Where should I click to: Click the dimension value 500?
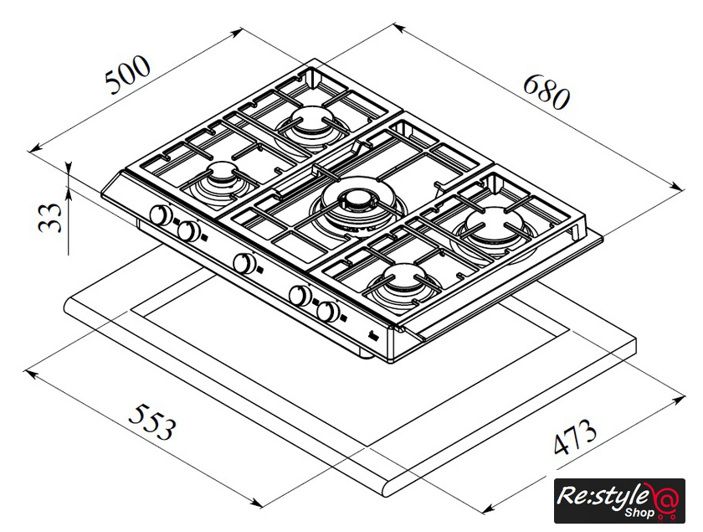(x=127, y=75)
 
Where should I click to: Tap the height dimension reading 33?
(x=51, y=217)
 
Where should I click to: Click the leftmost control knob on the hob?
(x=160, y=216)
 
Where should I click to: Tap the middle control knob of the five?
(x=244, y=263)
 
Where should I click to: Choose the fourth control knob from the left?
(x=300, y=295)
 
